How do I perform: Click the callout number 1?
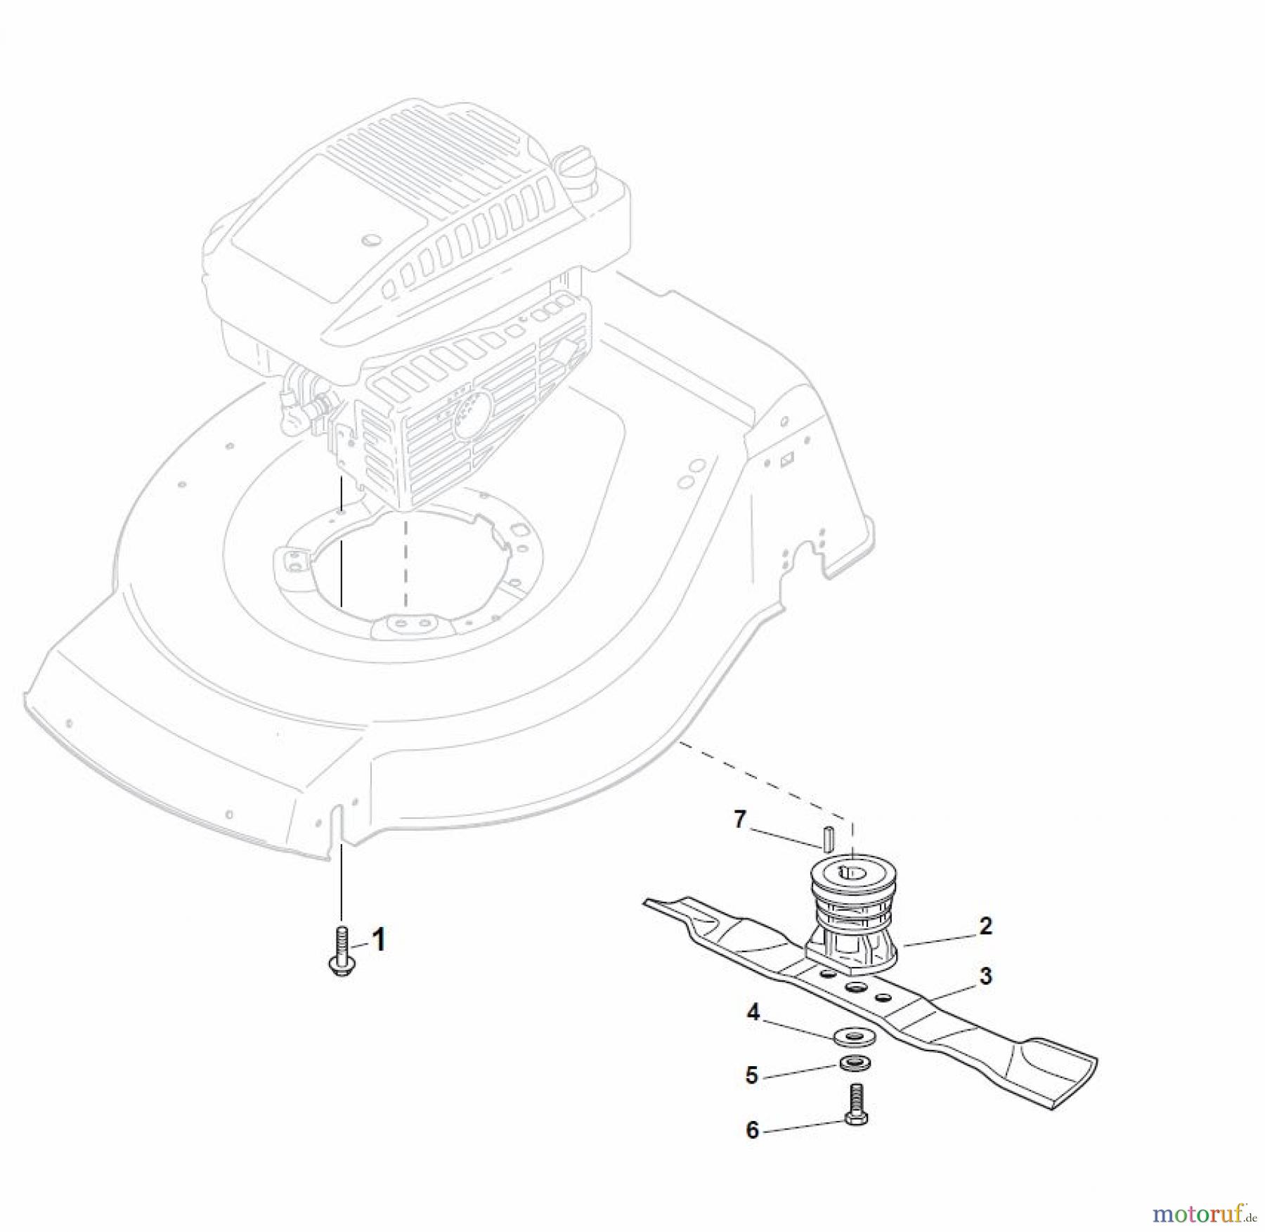pyautogui.click(x=378, y=939)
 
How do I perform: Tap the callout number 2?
pyautogui.click(x=985, y=926)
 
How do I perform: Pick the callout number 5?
pyautogui.click(x=752, y=1075)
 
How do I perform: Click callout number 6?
pyautogui.click(x=752, y=1130)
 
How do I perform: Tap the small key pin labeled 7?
pyautogui.click(x=829, y=837)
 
